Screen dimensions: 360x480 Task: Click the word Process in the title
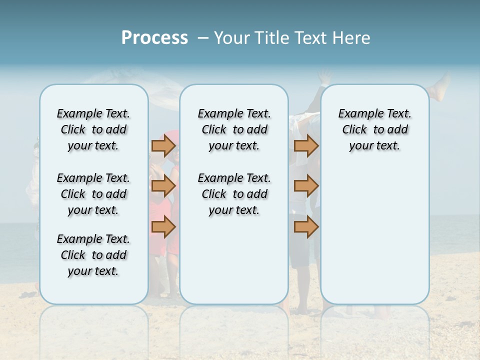154,38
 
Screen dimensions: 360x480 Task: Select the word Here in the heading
350,38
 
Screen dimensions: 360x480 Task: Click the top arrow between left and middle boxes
163,145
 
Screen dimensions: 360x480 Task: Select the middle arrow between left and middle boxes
163,186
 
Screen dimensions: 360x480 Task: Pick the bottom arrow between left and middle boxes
163,227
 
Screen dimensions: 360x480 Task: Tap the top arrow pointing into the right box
306,145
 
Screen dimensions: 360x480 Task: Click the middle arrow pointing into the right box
306,186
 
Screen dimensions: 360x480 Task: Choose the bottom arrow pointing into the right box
306,227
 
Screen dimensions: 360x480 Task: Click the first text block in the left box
93,129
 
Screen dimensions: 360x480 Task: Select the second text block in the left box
93,194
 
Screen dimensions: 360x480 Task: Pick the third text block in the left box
93,255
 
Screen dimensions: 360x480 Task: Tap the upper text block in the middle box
234,129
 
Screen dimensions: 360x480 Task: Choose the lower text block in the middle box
234,194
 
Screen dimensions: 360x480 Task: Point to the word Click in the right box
354,130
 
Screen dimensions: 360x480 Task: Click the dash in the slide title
203,38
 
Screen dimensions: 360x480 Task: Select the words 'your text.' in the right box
374,146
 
